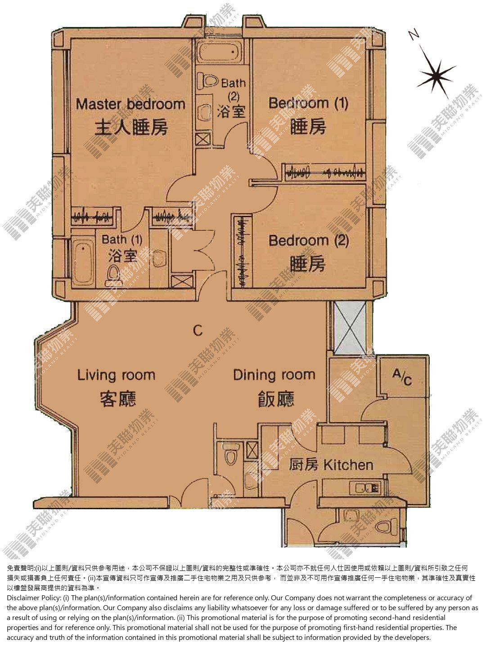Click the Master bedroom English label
click(x=130, y=104)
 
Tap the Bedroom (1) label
click(x=308, y=103)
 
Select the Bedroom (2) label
click(x=309, y=241)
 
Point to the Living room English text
click(x=116, y=375)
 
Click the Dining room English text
click(x=274, y=375)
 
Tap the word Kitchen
click(x=348, y=465)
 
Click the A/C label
click(x=402, y=377)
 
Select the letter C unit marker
click(x=198, y=330)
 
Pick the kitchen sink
click(x=365, y=488)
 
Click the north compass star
click(x=436, y=76)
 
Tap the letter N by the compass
click(x=414, y=35)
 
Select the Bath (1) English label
click(x=122, y=239)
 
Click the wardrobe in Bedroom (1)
click(x=324, y=172)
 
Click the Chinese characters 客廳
click(x=118, y=399)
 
